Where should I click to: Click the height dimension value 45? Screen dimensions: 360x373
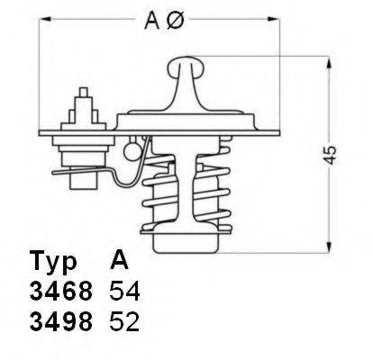coord(332,156)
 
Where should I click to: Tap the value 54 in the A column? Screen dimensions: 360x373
coord(125,293)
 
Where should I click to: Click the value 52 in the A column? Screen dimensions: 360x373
coord(125,322)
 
